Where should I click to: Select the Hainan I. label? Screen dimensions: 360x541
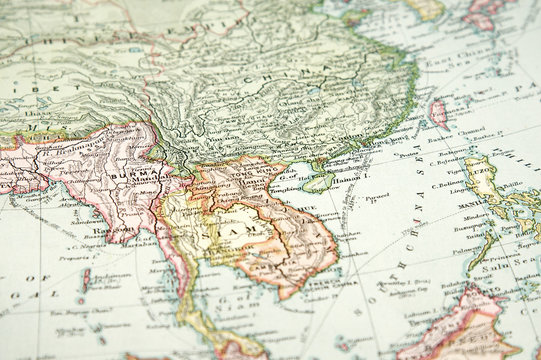point(347,179)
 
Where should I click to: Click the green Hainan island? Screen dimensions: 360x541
point(318,181)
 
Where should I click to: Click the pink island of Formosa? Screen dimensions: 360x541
point(437,113)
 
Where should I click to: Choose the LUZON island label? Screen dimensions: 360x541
point(481,170)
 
